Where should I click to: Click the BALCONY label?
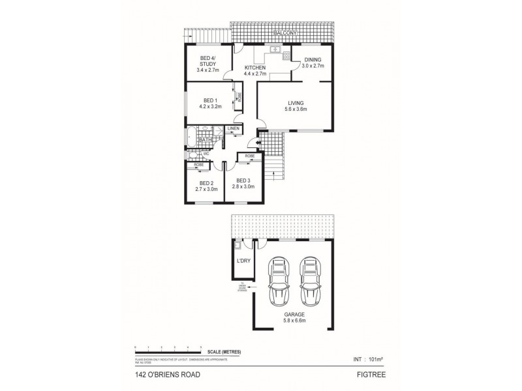point(284,32)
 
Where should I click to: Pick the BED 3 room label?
point(244,183)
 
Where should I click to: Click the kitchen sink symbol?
point(275,50)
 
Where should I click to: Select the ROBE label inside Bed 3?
point(249,156)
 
